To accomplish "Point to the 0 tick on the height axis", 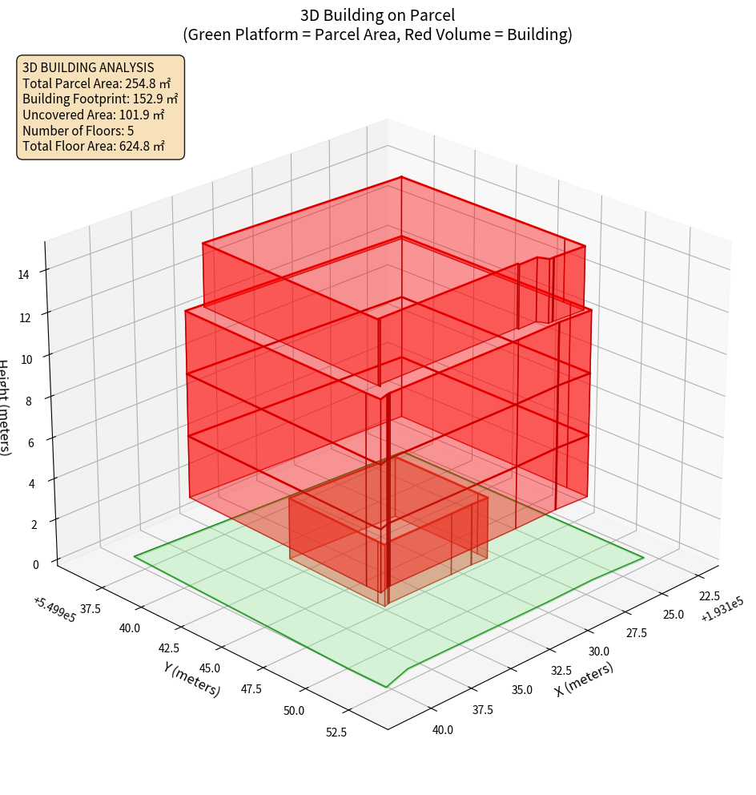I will click(x=35, y=564).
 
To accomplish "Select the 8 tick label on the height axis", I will click(x=28, y=401).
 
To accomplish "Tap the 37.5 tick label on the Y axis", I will click(x=90, y=609).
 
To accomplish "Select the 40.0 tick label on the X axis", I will click(x=442, y=729).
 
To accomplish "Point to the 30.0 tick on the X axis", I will click(x=598, y=651).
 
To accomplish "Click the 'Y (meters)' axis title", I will click(x=191, y=679).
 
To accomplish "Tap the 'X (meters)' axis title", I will click(x=585, y=680).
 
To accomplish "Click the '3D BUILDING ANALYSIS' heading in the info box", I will click(x=88, y=67).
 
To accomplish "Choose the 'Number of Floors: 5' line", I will click(x=78, y=131).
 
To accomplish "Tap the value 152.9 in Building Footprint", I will click(x=149, y=99).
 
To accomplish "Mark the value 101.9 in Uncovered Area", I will click(x=135, y=115).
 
